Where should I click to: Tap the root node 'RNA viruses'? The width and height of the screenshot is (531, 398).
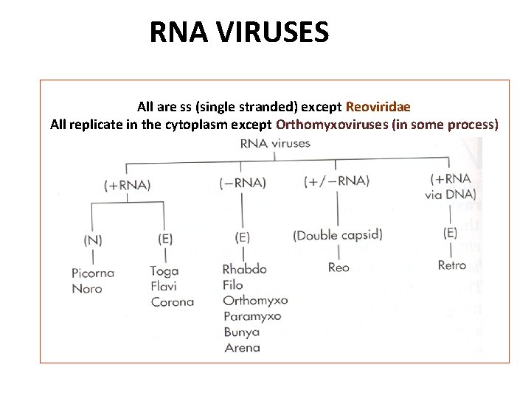tap(275, 144)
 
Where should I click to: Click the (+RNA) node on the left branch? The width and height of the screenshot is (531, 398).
tap(127, 185)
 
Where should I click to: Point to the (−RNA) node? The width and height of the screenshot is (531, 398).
tap(243, 183)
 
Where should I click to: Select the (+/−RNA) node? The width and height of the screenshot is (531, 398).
tap(336, 181)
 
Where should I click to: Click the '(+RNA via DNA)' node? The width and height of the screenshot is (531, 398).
tap(451, 186)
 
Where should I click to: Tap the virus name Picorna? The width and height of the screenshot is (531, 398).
tap(93, 273)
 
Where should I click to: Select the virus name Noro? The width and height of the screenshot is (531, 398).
tap(87, 288)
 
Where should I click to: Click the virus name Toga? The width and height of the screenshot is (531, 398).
tap(164, 271)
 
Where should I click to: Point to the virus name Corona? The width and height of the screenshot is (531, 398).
tap(172, 301)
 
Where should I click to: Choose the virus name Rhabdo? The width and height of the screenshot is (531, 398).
tap(244, 269)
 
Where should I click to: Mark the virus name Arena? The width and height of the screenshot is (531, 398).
tap(241, 347)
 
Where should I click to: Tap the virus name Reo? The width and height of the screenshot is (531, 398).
tap(339, 268)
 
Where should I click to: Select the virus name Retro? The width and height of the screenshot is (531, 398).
tap(451, 265)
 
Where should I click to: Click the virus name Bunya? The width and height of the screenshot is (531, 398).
tap(241, 332)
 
